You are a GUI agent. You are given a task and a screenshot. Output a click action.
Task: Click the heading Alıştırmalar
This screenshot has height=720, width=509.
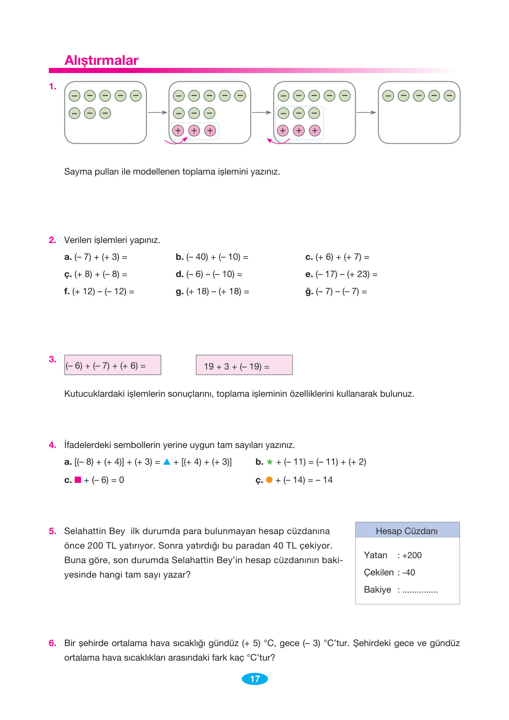102,60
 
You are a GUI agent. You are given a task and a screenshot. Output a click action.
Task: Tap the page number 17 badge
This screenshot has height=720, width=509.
255,679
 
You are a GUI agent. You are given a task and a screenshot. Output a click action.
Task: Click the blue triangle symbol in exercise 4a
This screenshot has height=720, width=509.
167,462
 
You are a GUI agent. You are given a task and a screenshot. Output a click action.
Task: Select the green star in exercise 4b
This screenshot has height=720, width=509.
270,462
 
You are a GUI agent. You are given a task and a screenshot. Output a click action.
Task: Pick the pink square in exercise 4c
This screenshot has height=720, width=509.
78,480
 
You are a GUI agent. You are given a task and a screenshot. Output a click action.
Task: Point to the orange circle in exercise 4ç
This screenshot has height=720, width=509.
269,480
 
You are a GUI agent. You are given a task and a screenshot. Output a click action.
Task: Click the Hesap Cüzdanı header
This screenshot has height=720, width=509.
407,530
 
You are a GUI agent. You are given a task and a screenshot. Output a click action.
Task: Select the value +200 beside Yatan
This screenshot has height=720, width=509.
412,555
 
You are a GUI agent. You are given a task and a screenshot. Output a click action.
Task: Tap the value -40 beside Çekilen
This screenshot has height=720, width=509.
409,573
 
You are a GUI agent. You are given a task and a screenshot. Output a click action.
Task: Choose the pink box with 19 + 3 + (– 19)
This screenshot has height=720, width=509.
244,365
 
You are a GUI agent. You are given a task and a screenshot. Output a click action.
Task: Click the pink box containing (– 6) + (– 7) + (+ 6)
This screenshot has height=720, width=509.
112,365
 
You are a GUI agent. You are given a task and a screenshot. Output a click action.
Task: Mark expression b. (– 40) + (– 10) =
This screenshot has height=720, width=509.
212,257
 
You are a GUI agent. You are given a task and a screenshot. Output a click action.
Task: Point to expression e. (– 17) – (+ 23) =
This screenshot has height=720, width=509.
341,274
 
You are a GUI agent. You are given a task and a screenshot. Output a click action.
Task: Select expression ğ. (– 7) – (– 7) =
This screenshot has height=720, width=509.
336,292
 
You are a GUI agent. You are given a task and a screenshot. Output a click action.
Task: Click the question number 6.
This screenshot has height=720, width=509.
53,643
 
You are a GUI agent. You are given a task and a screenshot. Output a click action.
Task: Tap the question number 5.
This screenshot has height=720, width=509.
53,531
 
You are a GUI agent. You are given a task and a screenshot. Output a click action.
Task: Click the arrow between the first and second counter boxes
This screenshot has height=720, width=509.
158,112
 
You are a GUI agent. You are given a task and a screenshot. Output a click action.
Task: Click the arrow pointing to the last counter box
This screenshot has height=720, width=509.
367,112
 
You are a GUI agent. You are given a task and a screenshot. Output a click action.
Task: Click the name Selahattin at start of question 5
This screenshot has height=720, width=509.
85,531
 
